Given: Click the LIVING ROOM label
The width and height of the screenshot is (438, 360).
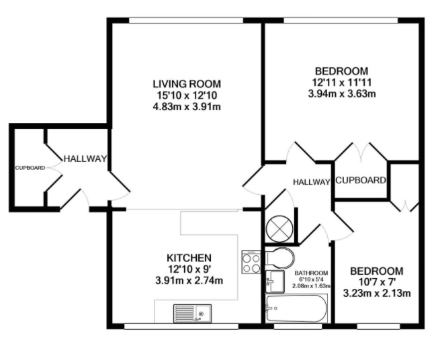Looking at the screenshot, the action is coord(187,84).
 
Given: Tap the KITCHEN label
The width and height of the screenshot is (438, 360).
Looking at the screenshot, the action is coord(189,257).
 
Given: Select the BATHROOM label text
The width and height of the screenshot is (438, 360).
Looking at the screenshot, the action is coord(311,273).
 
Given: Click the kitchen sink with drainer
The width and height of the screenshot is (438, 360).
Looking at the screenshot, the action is coord(192,314).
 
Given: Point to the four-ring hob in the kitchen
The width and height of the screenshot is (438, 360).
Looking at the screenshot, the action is coord(251,262).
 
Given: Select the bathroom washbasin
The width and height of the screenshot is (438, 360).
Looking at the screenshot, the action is coord(275,281).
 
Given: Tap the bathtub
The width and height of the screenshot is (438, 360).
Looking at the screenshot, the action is coord(296,308).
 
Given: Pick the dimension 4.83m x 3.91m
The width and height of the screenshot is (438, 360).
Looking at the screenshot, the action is coord(187,107).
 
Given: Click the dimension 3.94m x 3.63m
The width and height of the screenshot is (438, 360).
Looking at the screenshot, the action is coord(342,93).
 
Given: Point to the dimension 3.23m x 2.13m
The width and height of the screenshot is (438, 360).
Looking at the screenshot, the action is coord(377,294).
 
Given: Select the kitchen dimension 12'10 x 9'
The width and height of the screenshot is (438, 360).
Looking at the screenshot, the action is coord(189,269).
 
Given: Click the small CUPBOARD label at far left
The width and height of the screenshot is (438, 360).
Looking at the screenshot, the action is coord(30,168).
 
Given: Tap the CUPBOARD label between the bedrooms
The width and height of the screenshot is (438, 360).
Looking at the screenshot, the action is coord(361,181).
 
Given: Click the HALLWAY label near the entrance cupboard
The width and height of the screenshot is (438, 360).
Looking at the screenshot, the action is coord(85,159).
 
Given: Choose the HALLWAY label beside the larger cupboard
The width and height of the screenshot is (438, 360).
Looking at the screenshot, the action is coord(311,182).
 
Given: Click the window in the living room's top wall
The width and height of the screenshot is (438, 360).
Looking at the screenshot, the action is coord(186,20).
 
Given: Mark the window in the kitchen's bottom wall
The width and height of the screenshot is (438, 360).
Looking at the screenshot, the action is coord(181,326).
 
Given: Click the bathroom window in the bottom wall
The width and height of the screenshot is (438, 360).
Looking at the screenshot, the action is coord(298,326).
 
